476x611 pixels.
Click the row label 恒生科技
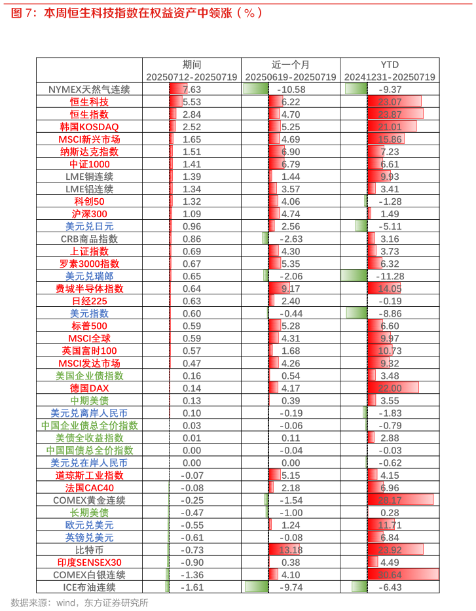tap(89, 102)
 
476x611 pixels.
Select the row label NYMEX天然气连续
tap(89, 90)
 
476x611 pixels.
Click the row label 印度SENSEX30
tap(89, 563)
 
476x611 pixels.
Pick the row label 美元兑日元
tap(89, 226)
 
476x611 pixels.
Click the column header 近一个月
tap(290, 64)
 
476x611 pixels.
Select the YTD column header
tap(390, 64)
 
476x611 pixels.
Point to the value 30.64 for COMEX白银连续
tap(390, 575)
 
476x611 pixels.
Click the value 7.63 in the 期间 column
tap(192, 90)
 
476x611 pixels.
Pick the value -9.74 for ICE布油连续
tap(291, 587)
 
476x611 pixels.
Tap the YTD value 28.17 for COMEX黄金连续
tap(390, 500)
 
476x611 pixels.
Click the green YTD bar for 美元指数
tap(356, 313)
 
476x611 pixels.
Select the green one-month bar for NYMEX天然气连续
tap(255, 89)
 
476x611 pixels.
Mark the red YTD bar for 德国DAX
tap(394, 389)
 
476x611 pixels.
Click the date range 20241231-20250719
tap(390, 77)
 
